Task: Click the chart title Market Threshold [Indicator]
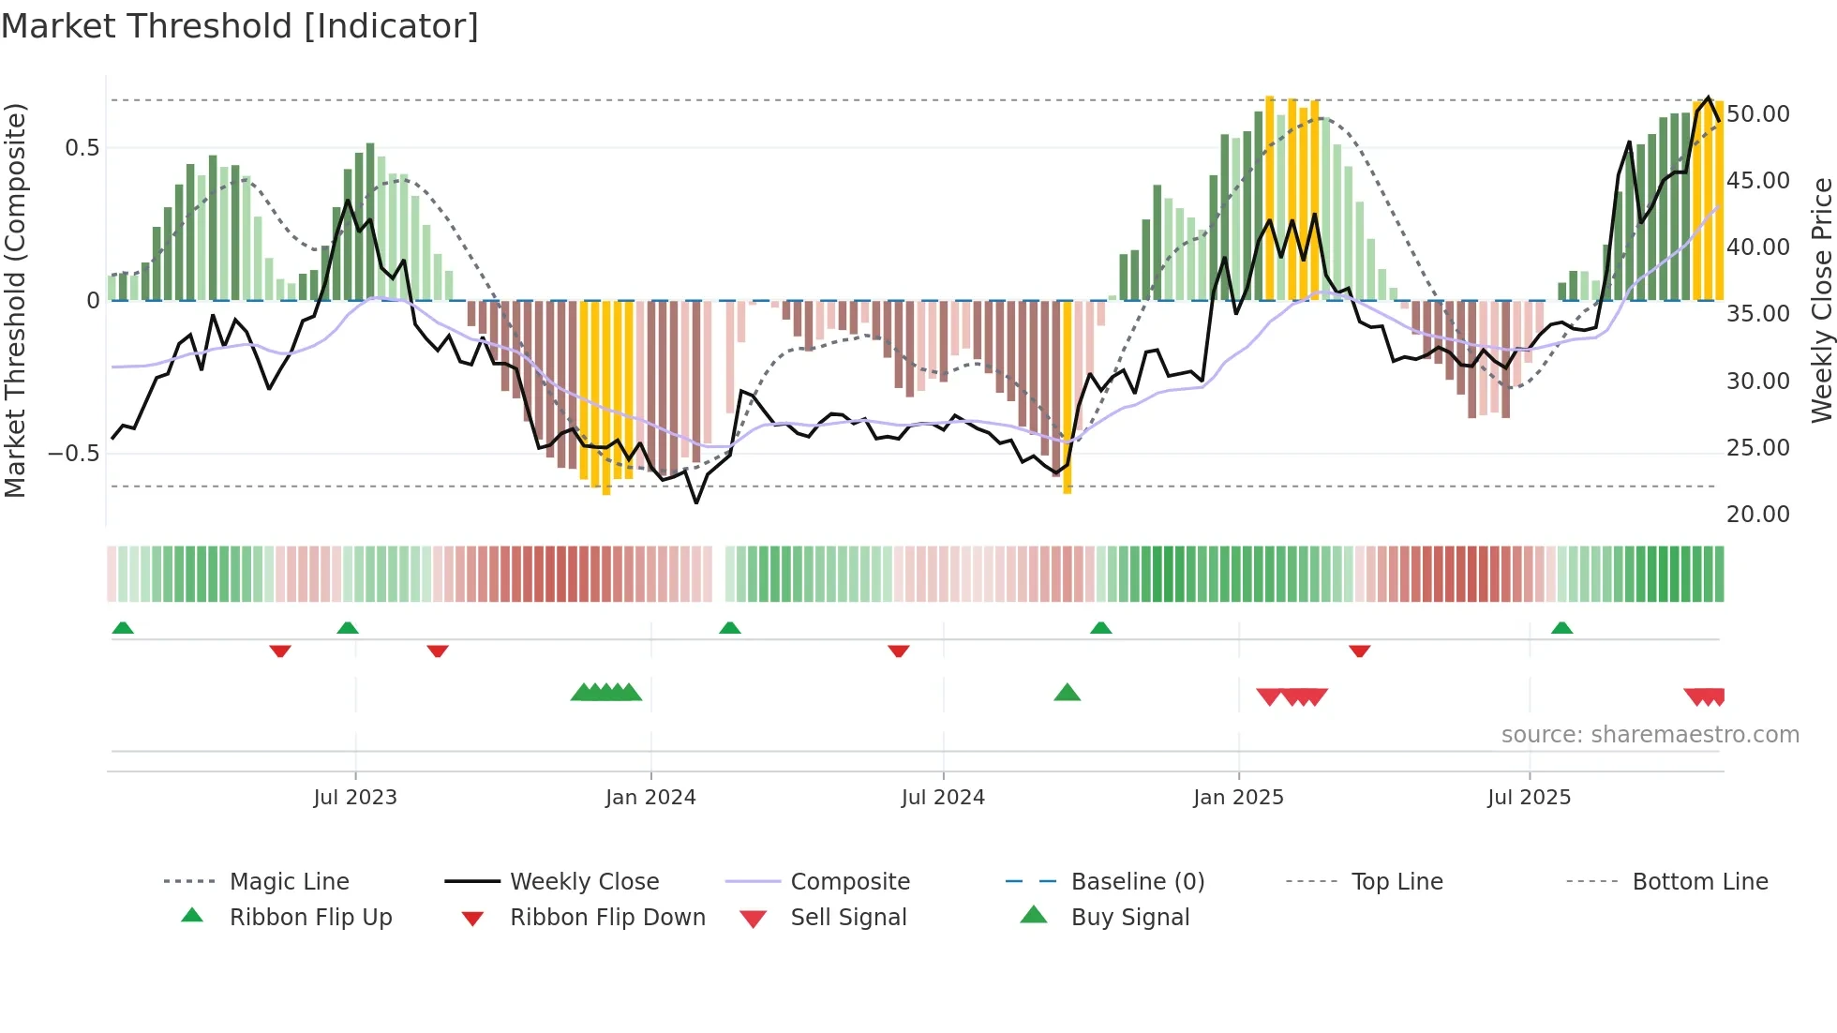pyautogui.click(x=240, y=26)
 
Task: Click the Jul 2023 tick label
pyautogui.click(x=355, y=798)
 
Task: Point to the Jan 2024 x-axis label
pyautogui.click(x=650, y=798)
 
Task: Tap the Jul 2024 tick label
pyautogui.click(x=943, y=798)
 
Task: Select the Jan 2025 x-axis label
pyautogui.click(x=1238, y=798)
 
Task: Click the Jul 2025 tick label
pyautogui.click(x=1529, y=798)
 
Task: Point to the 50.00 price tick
pyautogui.click(x=1758, y=114)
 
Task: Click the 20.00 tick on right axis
pyautogui.click(x=1758, y=515)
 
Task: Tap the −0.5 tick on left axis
pyautogui.click(x=74, y=454)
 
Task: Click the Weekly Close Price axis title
pyautogui.click(x=1821, y=300)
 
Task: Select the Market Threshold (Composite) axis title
pyautogui.click(x=15, y=300)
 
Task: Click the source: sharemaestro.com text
pyautogui.click(x=1650, y=735)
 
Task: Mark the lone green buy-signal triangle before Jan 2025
pyautogui.click(x=1068, y=694)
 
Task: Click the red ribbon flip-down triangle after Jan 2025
pyautogui.click(x=1360, y=651)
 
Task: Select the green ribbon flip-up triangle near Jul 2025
pyautogui.click(x=1561, y=628)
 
